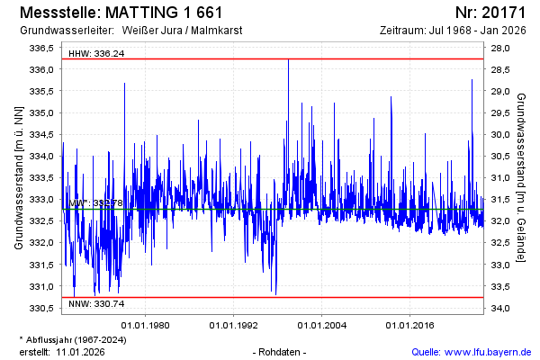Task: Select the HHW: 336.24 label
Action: pyautogui.click(x=96, y=54)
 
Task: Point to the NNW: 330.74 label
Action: pyautogui.click(x=96, y=306)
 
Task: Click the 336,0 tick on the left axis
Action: pyautogui.click(x=41, y=69)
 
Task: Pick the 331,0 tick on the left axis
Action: pyautogui.click(x=41, y=286)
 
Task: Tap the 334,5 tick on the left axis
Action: pyautogui.click(x=41, y=134)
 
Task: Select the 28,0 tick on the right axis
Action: pyautogui.click(x=501, y=48)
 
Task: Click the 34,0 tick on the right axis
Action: pyautogui.click(x=501, y=308)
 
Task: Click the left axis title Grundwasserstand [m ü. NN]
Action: pyautogui.click(x=18, y=176)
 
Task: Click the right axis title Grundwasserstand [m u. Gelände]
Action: pyautogui.click(x=522, y=176)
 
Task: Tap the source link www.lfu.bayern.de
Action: pyautogui.click(x=491, y=351)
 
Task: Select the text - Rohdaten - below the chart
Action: pyautogui.click(x=281, y=351)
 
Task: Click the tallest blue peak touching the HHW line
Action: pyautogui.click(x=288, y=60)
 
